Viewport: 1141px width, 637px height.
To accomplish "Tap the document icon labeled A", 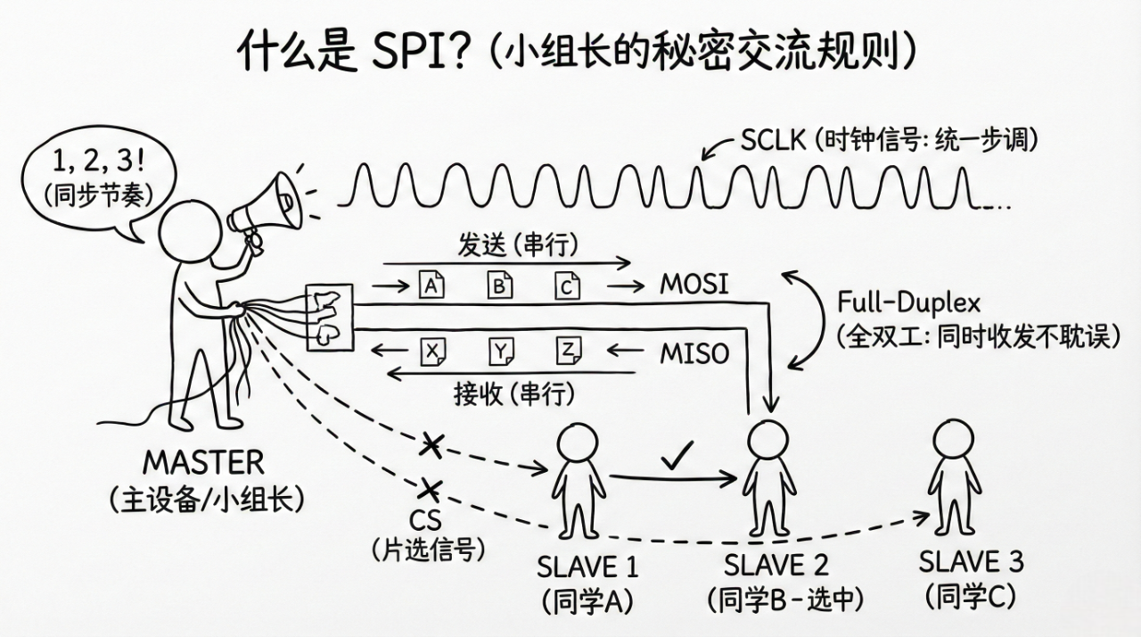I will pos(431,285).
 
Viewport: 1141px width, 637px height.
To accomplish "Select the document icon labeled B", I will pos(499,285).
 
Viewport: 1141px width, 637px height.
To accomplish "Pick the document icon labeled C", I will pos(566,285).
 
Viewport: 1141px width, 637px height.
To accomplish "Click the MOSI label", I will pos(694,285).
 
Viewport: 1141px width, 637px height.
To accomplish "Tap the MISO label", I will pos(694,353).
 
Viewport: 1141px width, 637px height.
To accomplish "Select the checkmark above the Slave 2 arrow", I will pos(677,459).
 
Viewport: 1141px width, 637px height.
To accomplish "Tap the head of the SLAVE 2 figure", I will pos(765,439).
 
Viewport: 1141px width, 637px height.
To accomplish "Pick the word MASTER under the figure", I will pos(204,463).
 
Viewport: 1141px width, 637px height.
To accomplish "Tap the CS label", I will pos(426,519).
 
